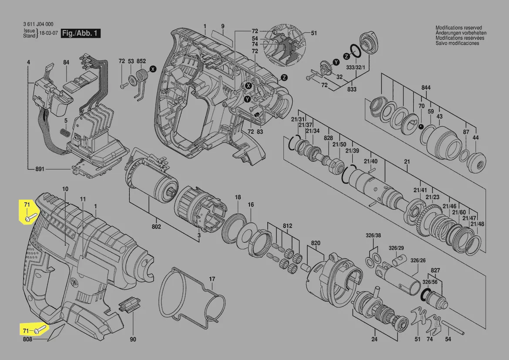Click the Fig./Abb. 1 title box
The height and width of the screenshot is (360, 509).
tap(81, 33)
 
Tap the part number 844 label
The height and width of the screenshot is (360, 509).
tap(426, 88)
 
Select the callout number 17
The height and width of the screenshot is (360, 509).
tap(212, 279)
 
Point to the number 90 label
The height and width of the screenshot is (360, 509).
tap(133, 340)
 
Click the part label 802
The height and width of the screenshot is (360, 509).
tap(156, 227)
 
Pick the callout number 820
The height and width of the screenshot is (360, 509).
tap(316, 243)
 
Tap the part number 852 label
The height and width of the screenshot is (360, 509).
tap(141, 61)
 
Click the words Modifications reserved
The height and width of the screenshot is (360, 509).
tap(458, 28)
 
